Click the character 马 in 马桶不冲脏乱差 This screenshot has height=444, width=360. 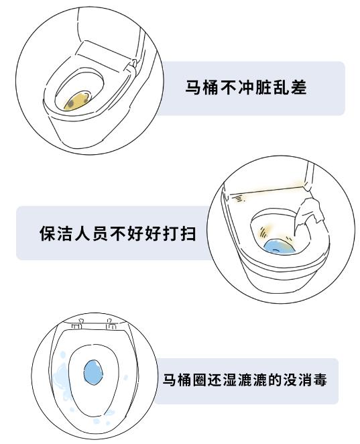(x=194, y=87)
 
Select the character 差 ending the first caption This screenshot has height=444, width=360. (x=298, y=87)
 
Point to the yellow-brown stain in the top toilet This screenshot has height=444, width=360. (x=76, y=101)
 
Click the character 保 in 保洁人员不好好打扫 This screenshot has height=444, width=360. (x=48, y=233)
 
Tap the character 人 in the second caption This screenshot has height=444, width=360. (x=82, y=233)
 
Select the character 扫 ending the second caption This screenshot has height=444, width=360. (x=188, y=233)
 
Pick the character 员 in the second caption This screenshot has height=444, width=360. (x=100, y=233)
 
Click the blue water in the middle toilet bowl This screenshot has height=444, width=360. (x=280, y=247)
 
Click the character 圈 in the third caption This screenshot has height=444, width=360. (x=200, y=380)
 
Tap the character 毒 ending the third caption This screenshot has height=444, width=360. (x=319, y=380)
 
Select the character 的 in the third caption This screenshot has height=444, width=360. (x=275, y=380)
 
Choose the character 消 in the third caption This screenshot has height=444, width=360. (x=304, y=380)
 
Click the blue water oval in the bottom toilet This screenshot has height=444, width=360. (x=93, y=372)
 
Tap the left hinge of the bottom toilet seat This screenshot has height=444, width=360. (x=77, y=325)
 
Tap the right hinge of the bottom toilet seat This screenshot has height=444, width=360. (x=111, y=324)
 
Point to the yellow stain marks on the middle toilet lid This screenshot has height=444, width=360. (x=239, y=199)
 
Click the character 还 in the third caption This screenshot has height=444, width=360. (x=215, y=380)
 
